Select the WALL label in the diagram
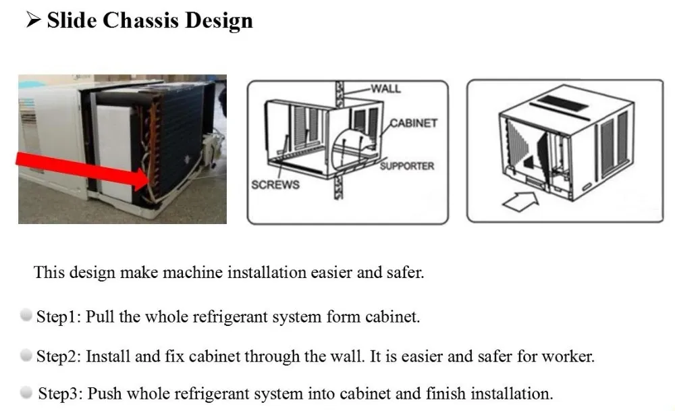point(385,88)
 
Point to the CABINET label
point(414,124)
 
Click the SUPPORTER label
point(406,166)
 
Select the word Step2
point(59,356)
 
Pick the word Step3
point(60,393)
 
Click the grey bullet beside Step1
point(27,316)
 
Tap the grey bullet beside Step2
point(27,354)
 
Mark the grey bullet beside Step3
point(27,392)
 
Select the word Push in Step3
point(103,393)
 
